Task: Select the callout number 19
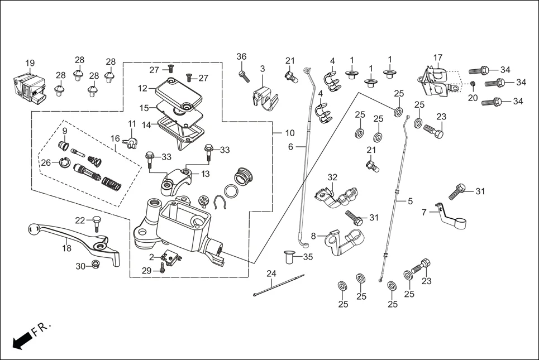point(30,63)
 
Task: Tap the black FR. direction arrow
point(21,340)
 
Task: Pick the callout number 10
point(289,133)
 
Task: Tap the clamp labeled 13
point(179,179)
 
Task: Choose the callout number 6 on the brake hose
point(290,147)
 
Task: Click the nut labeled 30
point(95,265)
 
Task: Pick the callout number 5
point(411,201)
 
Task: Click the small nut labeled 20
point(473,84)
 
